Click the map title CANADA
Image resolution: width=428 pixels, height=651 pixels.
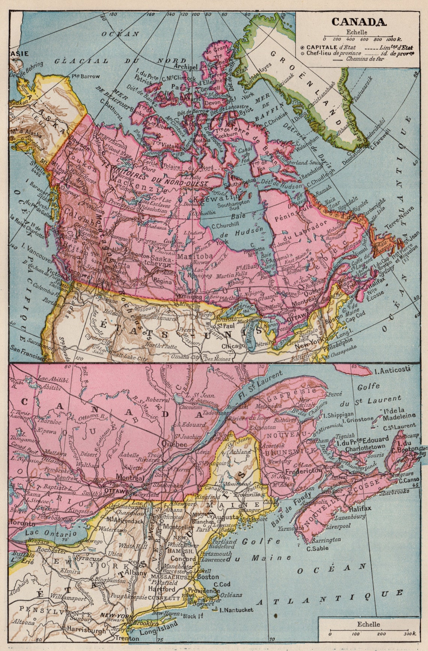[x=359, y=21]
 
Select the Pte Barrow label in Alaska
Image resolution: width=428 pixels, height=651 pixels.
[x=86, y=76]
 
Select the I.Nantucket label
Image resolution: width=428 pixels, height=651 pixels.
[x=236, y=610]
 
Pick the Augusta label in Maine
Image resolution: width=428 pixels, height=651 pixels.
[x=226, y=517]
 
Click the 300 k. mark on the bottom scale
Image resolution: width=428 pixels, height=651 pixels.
[x=408, y=633]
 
